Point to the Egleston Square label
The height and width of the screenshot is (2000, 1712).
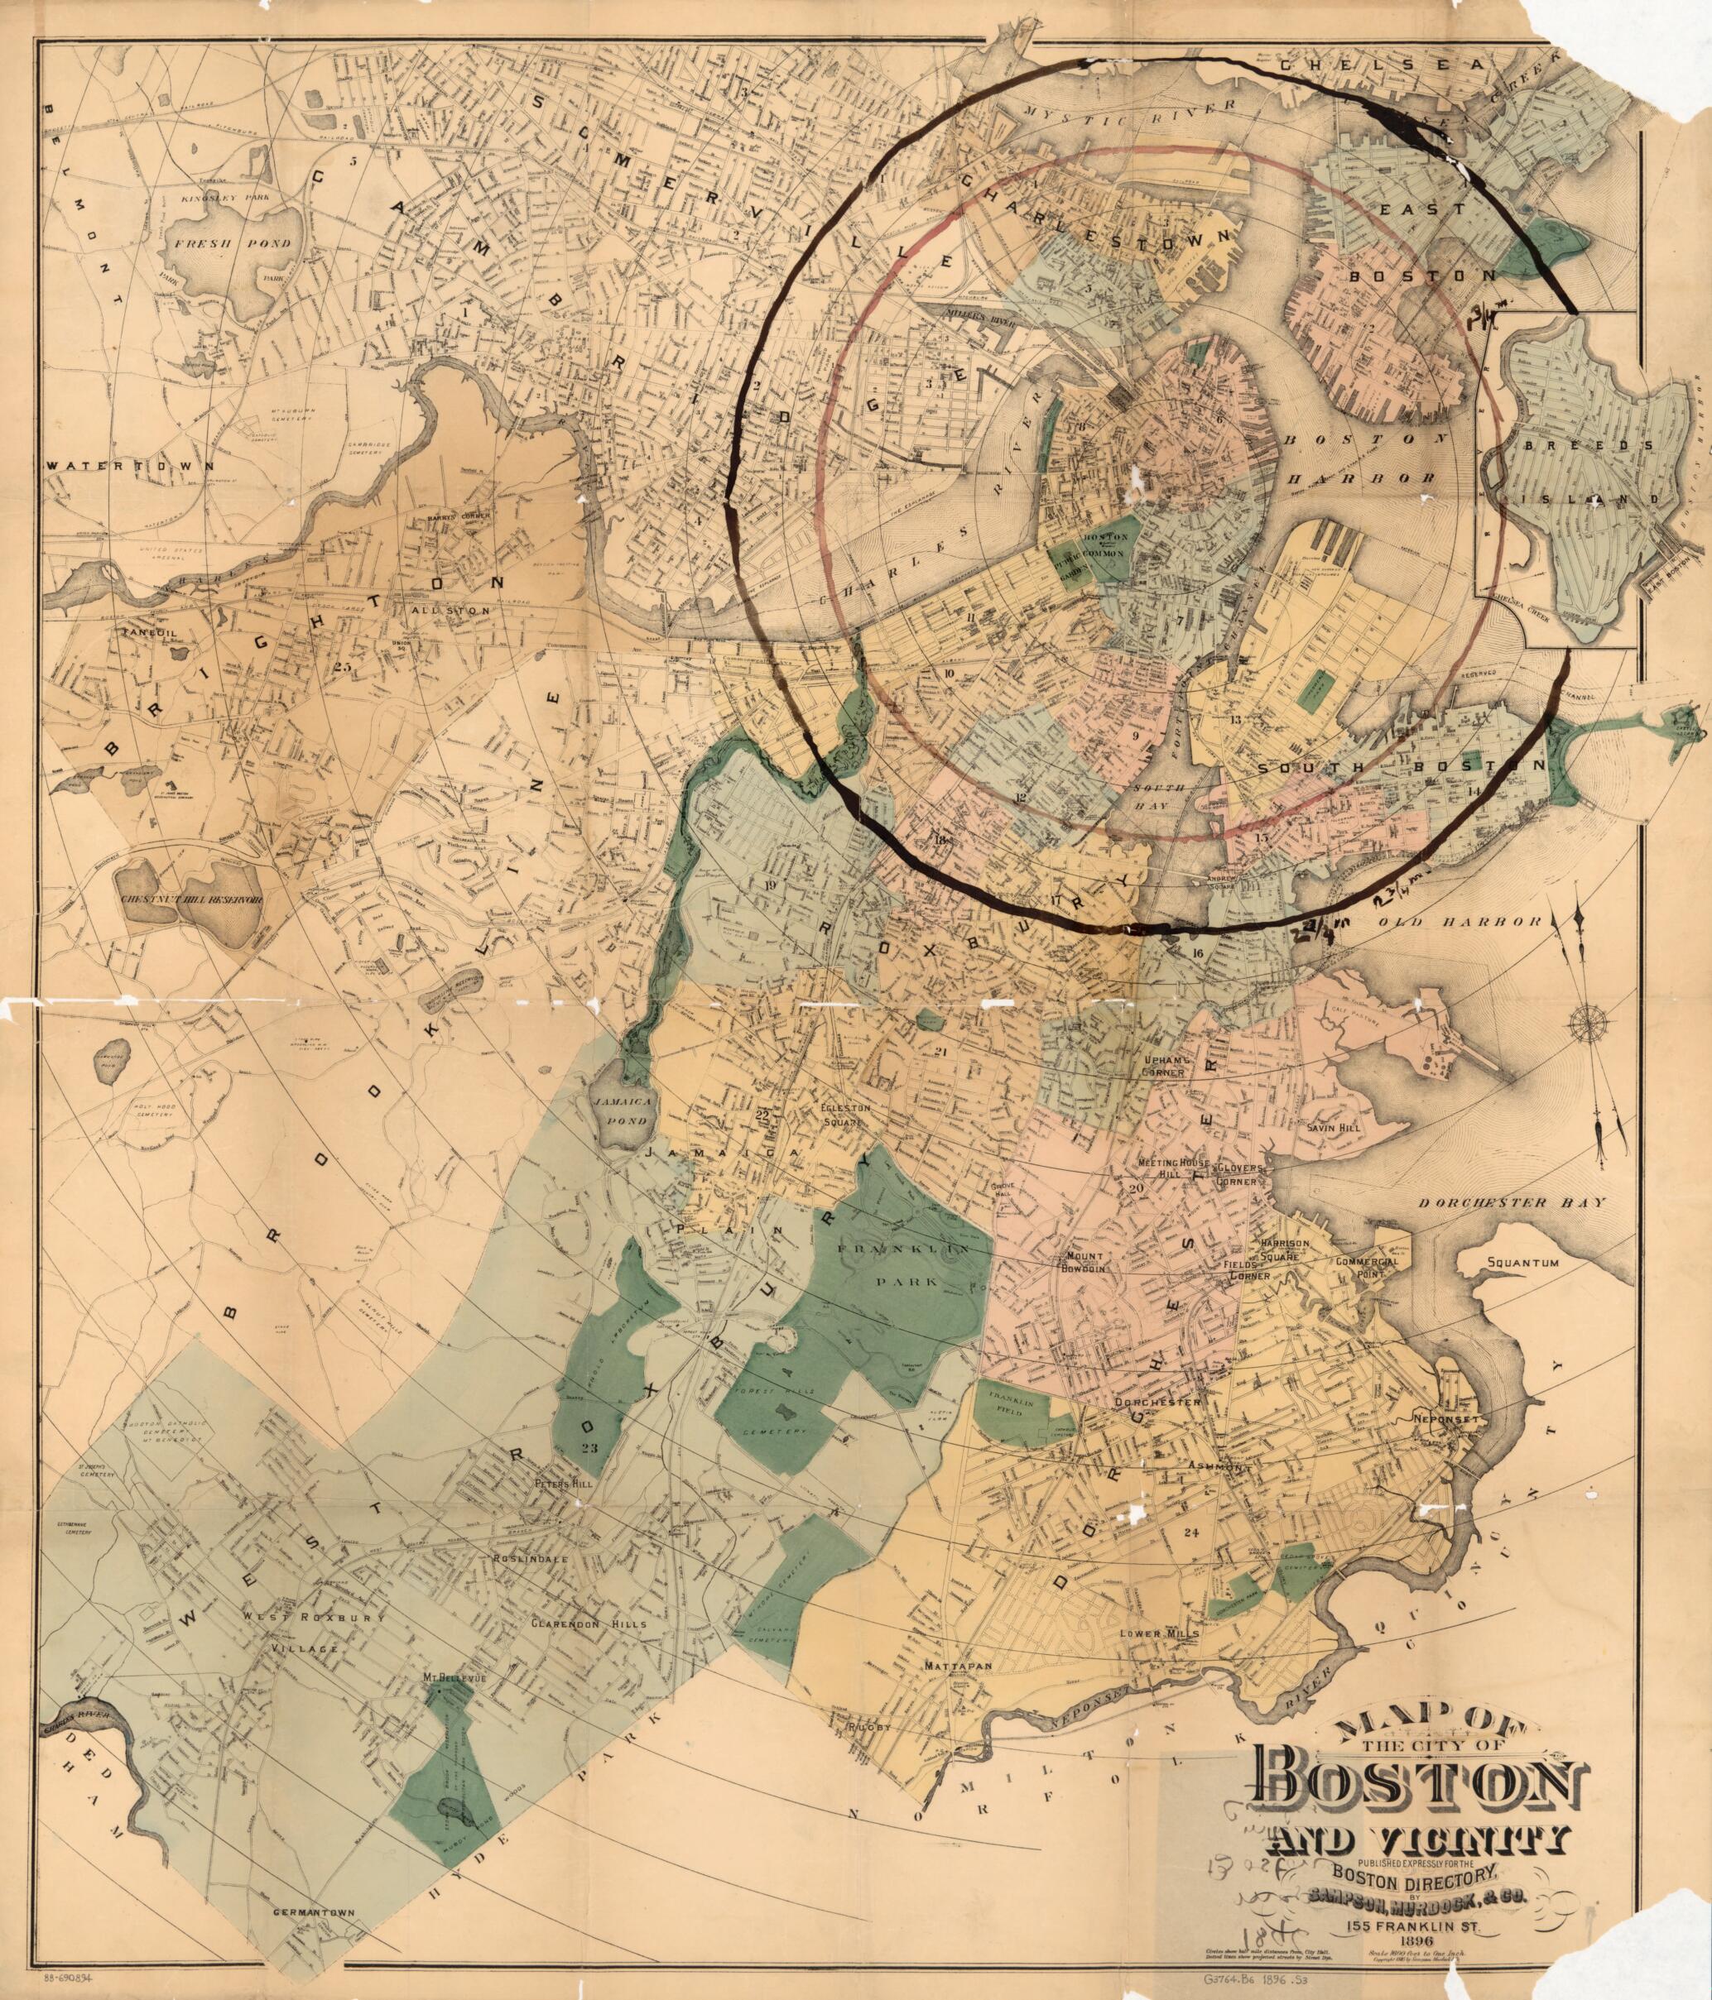845,1114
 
